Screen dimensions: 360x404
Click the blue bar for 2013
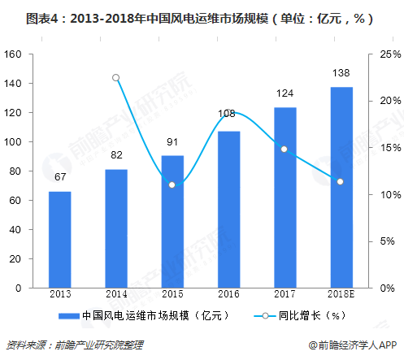click(59, 240)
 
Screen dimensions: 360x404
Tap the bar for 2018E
click(341, 188)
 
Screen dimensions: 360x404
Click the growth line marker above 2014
click(115, 78)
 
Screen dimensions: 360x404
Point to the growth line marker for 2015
click(172, 185)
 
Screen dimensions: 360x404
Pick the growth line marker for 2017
click(284, 149)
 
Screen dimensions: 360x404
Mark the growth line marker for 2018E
click(341, 182)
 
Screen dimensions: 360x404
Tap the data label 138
click(341, 74)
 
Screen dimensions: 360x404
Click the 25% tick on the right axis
click(389, 54)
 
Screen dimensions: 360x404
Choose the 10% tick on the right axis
click(389, 195)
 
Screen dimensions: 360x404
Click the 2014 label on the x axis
click(115, 295)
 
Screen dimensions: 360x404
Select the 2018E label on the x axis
click(341, 295)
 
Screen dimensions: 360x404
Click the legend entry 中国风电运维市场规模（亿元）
click(150, 315)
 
